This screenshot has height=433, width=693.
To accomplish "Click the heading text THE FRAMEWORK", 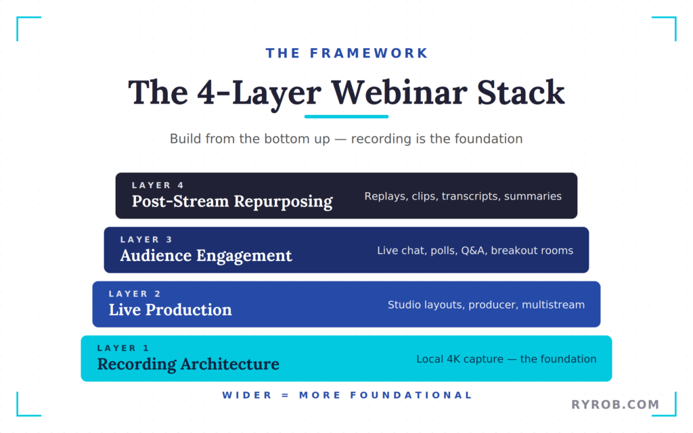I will (346, 53).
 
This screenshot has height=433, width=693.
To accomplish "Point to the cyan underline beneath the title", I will (346, 116).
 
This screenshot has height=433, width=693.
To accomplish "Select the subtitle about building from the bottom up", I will (346, 139).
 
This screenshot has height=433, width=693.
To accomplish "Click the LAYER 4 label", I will (158, 185).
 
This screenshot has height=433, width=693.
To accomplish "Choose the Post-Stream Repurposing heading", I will (232, 202).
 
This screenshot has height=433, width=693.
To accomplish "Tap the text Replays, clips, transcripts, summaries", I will (463, 196).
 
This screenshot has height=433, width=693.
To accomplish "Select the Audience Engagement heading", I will (206, 256).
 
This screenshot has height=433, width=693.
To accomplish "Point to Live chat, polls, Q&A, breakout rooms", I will (475, 250).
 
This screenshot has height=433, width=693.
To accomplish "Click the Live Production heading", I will (170, 310).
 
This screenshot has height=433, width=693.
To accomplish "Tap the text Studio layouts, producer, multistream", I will (486, 304).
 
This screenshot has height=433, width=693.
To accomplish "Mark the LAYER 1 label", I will (123, 348).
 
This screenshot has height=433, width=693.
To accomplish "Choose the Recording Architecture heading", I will (188, 364).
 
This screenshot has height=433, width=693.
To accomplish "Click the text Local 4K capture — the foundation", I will (506, 359).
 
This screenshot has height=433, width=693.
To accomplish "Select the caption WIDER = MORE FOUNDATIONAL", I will (346, 395).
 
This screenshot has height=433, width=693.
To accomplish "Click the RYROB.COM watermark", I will (615, 405).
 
